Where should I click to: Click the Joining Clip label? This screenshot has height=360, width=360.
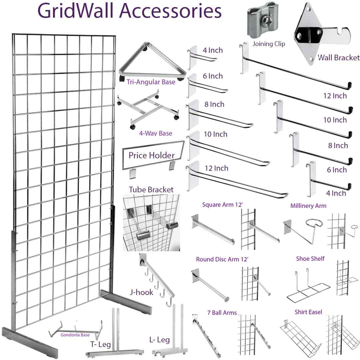coord(269,44)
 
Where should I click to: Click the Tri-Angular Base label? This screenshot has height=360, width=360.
coord(151,82)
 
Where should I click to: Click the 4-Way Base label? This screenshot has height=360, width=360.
coord(156,133)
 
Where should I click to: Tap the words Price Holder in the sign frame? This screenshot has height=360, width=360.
coord(152,155)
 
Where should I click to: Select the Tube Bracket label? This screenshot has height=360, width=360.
coord(151,190)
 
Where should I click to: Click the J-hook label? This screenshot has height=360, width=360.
coord(141,292)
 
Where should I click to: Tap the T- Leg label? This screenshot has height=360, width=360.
coord(100,343)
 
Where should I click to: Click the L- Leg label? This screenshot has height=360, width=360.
coord(160,340)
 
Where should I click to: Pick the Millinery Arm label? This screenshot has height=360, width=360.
coord(308,206)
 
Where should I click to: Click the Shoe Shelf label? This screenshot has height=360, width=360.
coord(310,259)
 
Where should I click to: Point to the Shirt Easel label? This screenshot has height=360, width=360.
coord(308,312)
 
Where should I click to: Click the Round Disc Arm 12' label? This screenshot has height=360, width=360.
coord(223,259)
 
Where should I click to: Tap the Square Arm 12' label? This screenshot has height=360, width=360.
coord(223,204)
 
